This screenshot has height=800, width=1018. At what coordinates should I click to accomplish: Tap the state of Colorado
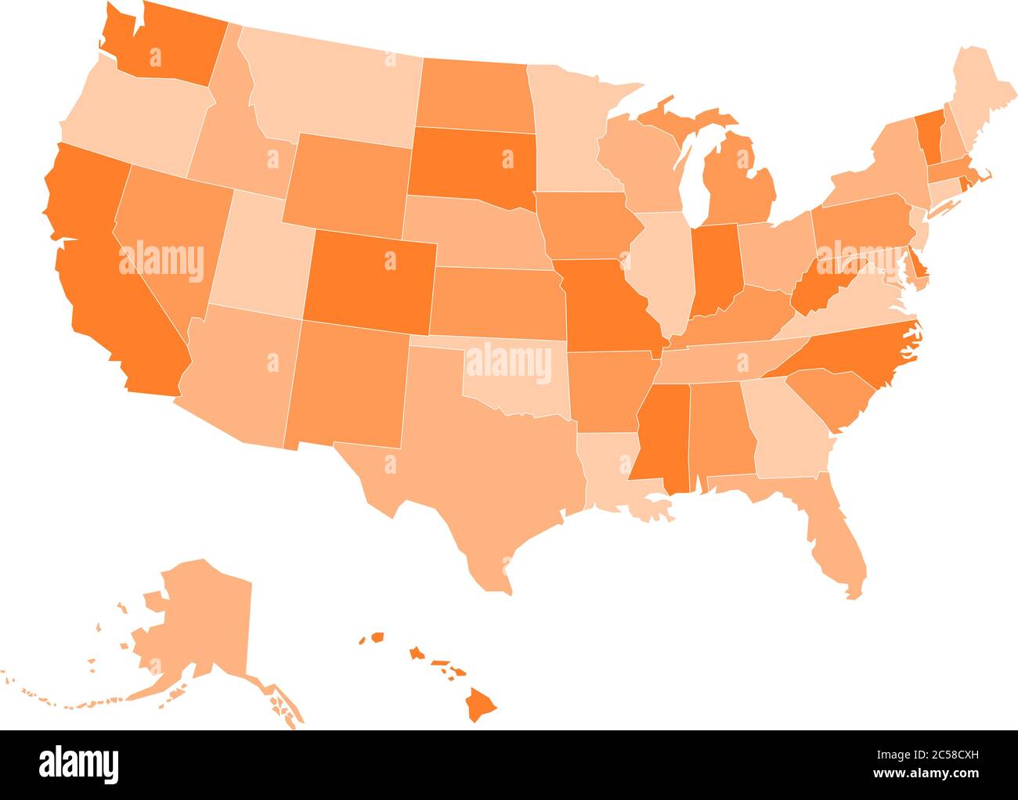(x=368, y=278)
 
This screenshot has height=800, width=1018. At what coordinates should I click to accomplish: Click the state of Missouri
(x=607, y=305)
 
